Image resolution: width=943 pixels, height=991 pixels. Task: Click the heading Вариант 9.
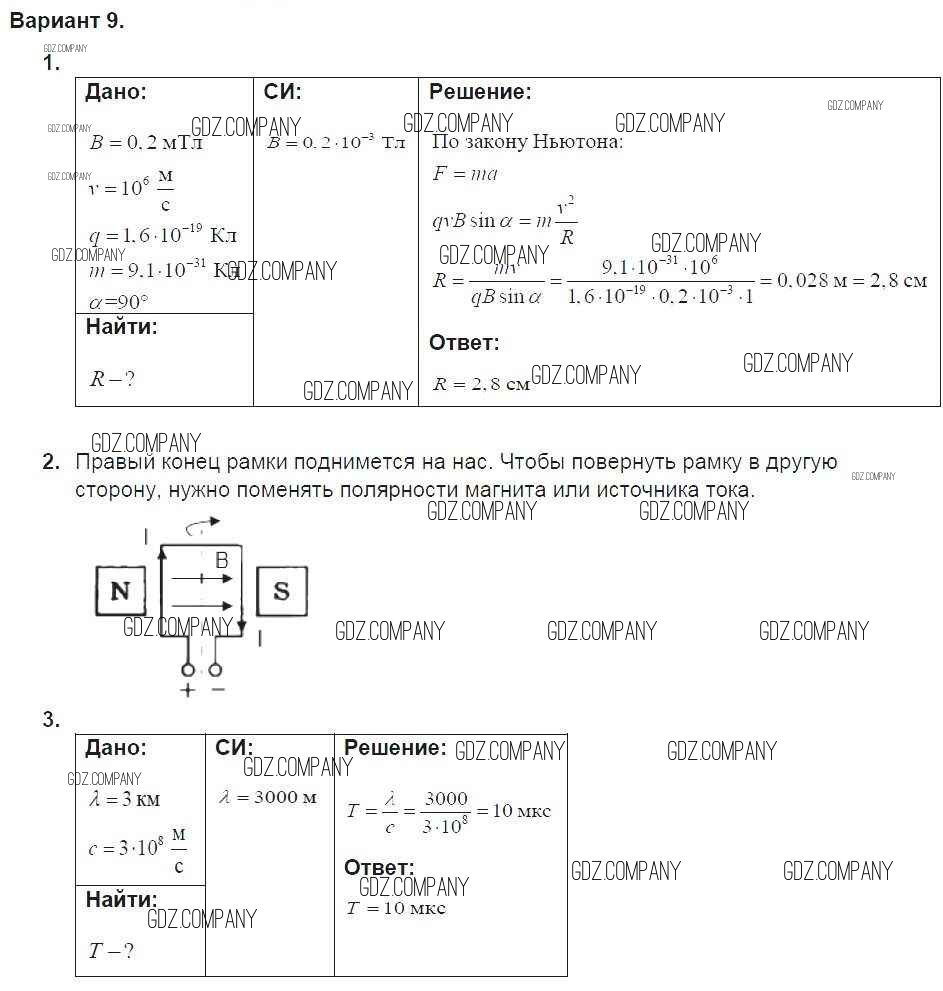pyautogui.click(x=67, y=21)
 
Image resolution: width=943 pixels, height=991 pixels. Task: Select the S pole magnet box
pyautogui.click(x=281, y=591)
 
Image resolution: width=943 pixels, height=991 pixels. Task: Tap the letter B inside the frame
pyautogui.click(x=222, y=561)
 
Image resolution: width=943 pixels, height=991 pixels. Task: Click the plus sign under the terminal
pyautogui.click(x=187, y=691)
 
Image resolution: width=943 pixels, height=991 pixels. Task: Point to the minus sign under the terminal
pyautogui.click(x=217, y=691)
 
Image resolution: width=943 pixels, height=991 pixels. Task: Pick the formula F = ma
pyautogui.click(x=465, y=174)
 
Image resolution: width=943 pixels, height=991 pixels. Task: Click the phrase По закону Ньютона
pyautogui.click(x=527, y=141)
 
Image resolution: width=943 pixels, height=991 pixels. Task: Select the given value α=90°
pyautogui.click(x=119, y=301)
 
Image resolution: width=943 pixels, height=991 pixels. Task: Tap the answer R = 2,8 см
pyautogui.click(x=481, y=384)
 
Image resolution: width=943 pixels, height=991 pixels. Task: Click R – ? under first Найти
pyautogui.click(x=112, y=378)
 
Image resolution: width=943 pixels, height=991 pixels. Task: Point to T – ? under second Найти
pyautogui.click(x=111, y=951)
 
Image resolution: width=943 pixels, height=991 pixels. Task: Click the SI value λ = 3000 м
pyautogui.click(x=268, y=797)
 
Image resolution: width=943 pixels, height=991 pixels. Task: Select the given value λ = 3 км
pyautogui.click(x=125, y=799)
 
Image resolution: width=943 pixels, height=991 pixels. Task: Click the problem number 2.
pyautogui.click(x=52, y=462)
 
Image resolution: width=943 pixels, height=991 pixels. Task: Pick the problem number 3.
pyautogui.click(x=52, y=719)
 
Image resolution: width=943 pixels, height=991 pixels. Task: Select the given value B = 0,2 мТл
pyautogui.click(x=146, y=142)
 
